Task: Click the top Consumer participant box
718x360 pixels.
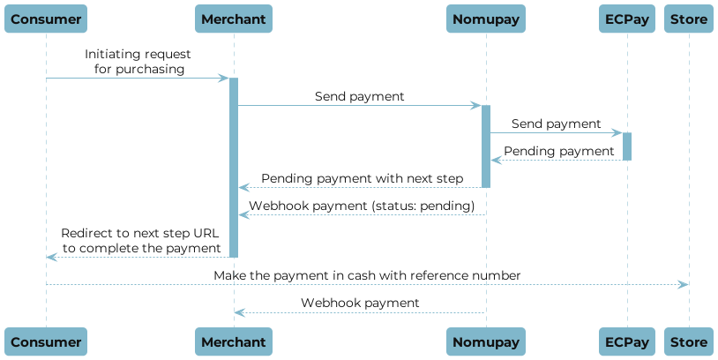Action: [x=47, y=19]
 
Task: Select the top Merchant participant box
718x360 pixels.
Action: [x=233, y=19]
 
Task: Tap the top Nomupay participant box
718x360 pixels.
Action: [x=485, y=19]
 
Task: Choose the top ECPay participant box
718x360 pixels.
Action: [x=627, y=19]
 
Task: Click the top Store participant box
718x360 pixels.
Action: [x=689, y=19]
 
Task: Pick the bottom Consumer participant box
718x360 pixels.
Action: [x=47, y=342]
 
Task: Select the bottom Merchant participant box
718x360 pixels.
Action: [x=233, y=342]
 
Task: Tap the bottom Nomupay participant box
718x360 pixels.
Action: [x=485, y=342]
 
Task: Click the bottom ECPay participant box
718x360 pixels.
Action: [x=627, y=342]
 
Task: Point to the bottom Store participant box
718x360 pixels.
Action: [x=689, y=342]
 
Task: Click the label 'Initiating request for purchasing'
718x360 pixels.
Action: [x=138, y=62]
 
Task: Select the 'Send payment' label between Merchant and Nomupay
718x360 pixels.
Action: [x=359, y=96]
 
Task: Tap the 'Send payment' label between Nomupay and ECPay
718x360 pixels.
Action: [x=556, y=124]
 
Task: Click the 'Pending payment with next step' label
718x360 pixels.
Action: [x=362, y=178]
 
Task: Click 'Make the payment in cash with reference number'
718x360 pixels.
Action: [x=367, y=276]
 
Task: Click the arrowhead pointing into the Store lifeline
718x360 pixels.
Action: [x=683, y=284]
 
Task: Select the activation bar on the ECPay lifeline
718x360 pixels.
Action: [x=627, y=146]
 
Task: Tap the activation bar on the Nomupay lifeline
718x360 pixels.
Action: [x=485, y=146]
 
